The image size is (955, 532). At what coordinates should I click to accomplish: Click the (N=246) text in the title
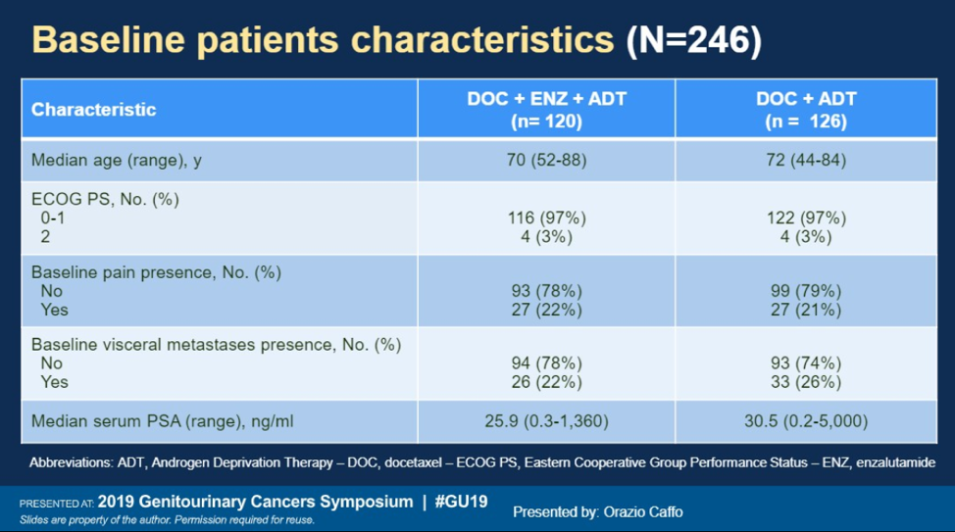pos(694,40)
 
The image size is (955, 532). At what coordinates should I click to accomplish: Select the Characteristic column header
pos(94,110)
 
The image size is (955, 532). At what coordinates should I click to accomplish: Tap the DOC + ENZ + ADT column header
pos(546,110)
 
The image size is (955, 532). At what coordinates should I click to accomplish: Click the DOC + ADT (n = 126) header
pos(806,110)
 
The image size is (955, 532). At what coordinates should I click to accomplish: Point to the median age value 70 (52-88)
pos(546,160)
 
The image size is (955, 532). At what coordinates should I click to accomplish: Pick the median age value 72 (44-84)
pos(806,160)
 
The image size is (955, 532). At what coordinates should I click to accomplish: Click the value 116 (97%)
pos(547,218)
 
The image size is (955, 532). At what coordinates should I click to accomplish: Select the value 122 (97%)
pos(806,218)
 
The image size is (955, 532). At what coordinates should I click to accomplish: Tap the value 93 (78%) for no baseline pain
pos(546,291)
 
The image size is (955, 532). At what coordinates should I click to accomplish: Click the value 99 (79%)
pos(806,291)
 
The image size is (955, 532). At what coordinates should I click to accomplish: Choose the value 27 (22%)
pos(546,310)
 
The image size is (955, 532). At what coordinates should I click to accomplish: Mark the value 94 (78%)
pos(546,363)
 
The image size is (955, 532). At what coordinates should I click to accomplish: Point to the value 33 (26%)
pos(806,382)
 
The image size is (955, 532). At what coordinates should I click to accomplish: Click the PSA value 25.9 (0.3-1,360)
pos(546,421)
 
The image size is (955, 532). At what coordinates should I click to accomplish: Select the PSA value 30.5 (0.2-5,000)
pos(806,421)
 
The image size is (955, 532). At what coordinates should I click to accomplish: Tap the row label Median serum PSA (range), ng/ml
pos(162,421)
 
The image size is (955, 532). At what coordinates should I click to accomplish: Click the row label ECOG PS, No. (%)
pos(105,200)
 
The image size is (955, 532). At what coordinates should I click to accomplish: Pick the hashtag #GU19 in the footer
pos(461,502)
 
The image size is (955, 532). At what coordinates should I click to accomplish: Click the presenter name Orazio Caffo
pos(642,512)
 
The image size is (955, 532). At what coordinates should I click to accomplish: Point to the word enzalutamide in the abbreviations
pos(895,462)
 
